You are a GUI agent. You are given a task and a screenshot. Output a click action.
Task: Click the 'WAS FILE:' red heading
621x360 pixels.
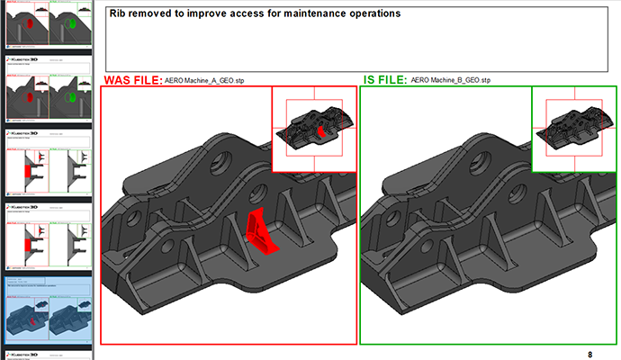click(x=132, y=80)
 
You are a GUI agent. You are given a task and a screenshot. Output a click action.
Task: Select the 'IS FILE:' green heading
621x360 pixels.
click(x=385, y=80)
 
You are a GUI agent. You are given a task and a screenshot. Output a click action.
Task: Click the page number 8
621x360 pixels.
click(x=589, y=354)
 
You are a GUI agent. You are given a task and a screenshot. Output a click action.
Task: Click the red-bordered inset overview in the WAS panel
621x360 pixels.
click(x=313, y=130)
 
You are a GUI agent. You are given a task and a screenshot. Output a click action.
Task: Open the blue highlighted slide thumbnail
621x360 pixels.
click(x=47, y=307)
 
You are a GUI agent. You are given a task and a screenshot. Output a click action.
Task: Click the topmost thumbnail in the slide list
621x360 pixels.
click(x=47, y=23)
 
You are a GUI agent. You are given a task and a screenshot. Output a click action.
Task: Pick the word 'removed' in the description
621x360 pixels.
click(x=157, y=14)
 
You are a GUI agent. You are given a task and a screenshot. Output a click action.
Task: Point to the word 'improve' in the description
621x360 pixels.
click(x=202, y=14)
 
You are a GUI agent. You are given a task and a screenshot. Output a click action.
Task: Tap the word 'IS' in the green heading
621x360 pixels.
click(x=370, y=80)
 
